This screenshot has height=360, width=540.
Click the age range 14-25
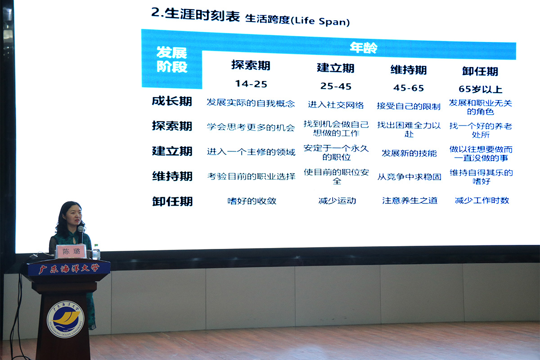tap(251, 84)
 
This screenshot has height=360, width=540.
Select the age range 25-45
tap(336, 86)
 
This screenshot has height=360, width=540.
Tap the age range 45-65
tap(409, 88)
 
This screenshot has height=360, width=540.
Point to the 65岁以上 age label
tap(480, 89)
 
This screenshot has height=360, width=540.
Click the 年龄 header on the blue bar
tap(364, 48)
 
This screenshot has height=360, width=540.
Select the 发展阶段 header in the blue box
tap(171, 59)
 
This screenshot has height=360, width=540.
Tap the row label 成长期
tap(172, 101)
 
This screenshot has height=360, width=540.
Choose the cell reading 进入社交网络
tap(336, 105)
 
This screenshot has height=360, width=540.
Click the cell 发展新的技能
tap(409, 153)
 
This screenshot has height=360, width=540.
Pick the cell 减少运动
tap(337, 201)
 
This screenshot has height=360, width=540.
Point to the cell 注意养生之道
tap(409, 201)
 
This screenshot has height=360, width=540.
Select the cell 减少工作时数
tap(482, 200)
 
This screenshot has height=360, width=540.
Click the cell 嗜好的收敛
tap(252, 201)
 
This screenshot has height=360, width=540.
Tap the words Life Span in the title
tap(322, 21)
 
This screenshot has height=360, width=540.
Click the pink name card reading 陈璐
tap(71, 252)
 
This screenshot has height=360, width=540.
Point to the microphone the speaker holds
tap(81, 234)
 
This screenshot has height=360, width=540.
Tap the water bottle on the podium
tap(96, 252)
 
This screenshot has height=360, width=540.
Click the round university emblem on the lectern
tap(66, 319)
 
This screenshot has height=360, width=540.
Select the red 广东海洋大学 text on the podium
tap(69, 269)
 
